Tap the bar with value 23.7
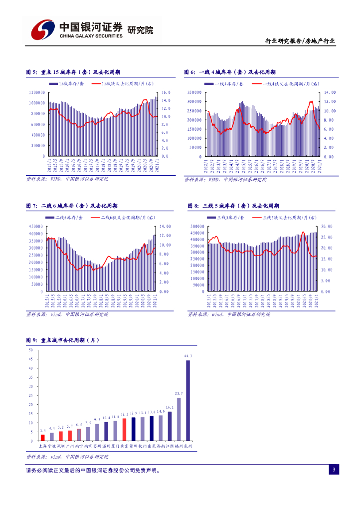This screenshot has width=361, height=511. pyautogui.click(x=179, y=419)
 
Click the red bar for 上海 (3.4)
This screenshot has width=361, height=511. pyautogui.click(x=42, y=438)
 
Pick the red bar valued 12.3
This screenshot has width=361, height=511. pyautogui.click(x=124, y=430)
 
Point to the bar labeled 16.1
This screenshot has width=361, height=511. pyautogui.click(x=170, y=426)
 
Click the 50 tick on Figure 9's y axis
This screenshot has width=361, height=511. pyautogui.click(x=31, y=350)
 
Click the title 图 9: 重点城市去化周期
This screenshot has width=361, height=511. pyautogui.click(x=63, y=340)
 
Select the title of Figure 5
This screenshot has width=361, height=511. pyautogui.click(x=71, y=72)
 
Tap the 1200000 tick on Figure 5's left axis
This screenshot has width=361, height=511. pyautogui.click(x=37, y=92)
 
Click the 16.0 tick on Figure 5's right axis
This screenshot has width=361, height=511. pyautogui.click(x=166, y=92)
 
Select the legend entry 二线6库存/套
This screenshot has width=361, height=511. pyautogui.click(x=67, y=218)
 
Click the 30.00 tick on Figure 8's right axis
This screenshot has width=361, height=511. pyautogui.click(x=327, y=226)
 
